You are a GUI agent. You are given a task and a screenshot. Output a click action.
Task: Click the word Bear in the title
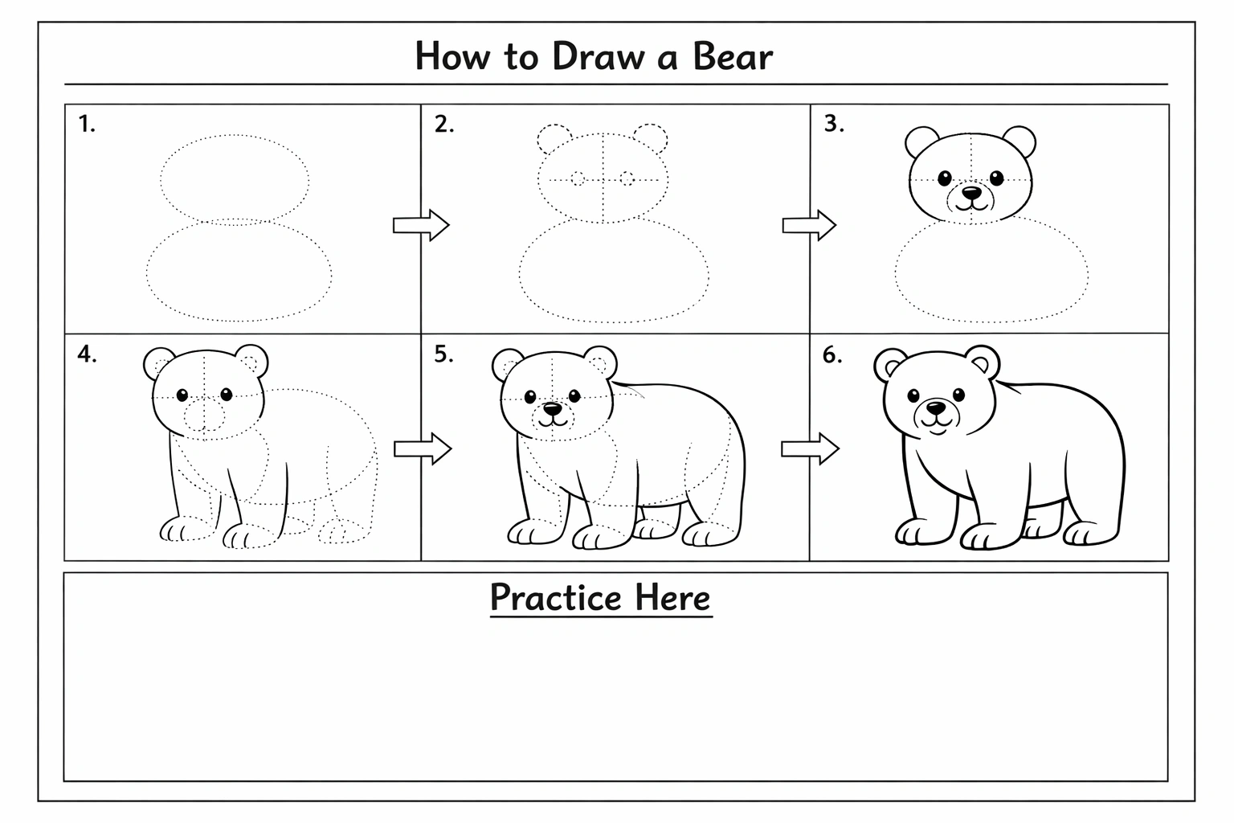(733, 56)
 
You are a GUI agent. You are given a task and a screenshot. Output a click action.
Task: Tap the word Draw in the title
(599, 56)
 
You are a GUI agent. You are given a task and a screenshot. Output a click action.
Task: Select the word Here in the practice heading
(672, 597)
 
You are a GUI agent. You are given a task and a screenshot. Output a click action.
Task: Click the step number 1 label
(87, 124)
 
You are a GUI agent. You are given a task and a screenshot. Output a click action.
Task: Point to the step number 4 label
(87, 354)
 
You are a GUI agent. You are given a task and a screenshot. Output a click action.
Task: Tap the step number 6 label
(832, 355)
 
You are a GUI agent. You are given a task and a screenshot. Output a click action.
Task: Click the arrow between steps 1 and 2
(421, 225)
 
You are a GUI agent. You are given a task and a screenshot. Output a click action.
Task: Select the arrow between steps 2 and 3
(809, 225)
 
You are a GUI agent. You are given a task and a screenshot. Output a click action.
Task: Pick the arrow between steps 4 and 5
(423, 448)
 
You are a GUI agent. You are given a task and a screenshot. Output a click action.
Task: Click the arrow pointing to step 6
(810, 448)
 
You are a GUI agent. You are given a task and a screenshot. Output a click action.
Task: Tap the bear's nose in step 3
(971, 193)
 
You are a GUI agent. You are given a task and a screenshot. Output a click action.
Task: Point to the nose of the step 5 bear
(553, 409)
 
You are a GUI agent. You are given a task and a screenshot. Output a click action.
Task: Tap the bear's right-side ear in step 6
(983, 362)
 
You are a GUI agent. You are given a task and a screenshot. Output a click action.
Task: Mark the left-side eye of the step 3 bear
(945, 178)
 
